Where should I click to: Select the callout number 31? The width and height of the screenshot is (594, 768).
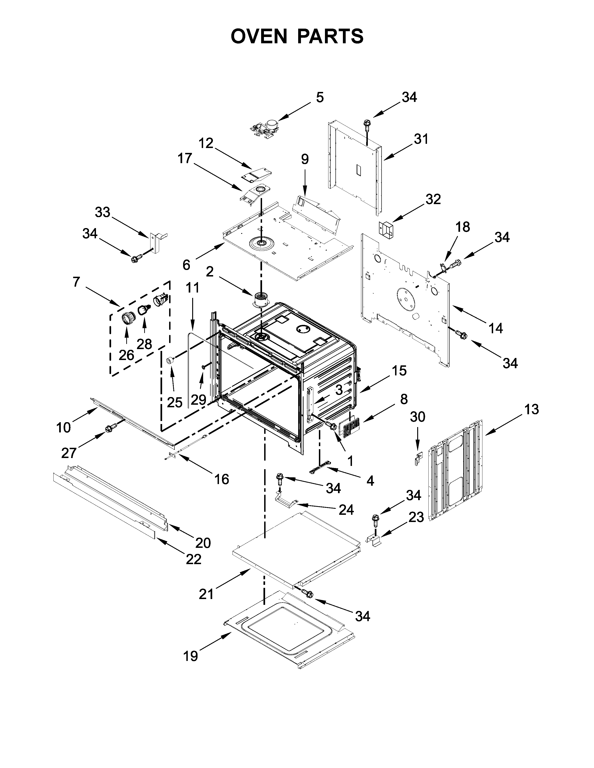421,139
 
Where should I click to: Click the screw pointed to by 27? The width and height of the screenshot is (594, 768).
109,429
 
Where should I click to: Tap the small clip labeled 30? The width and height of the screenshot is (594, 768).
417,458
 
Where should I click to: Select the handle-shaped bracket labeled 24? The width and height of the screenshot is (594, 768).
286,503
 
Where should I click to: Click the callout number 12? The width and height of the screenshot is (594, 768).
206,143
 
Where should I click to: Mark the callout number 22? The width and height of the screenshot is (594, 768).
194,559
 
